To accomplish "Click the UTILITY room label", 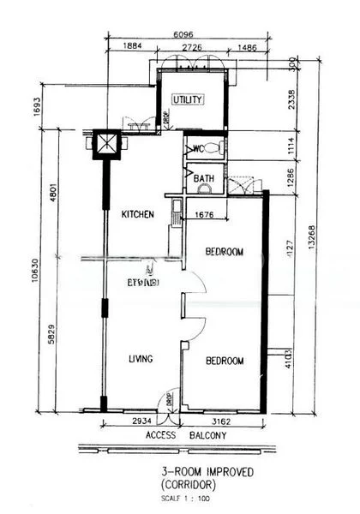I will [188, 100].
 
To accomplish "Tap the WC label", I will [195, 148].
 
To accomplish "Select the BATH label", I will [203, 179].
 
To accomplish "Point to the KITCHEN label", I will [137, 214].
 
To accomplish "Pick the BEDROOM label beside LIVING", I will [225, 361].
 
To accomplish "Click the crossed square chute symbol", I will [105, 142].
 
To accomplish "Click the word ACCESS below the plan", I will [160, 435].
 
